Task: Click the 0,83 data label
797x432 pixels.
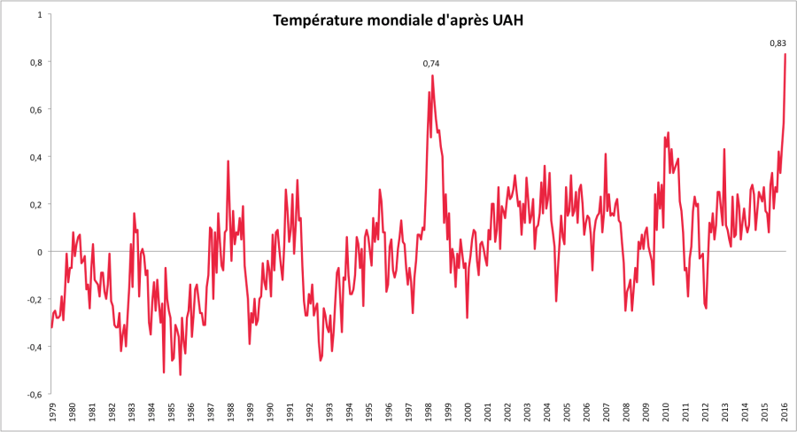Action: click(778, 43)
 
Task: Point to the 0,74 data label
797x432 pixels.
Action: click(431, 63)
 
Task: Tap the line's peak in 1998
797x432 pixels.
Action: click(432, 75)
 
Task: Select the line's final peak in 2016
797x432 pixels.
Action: click(785, 54)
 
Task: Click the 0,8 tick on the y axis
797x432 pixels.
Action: click(36, 62)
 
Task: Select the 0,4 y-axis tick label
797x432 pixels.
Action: click(36, 157)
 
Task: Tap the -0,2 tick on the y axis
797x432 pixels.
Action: click(35, 299)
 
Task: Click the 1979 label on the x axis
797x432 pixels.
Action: click(51, 413)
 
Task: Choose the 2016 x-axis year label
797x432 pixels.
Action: click(785, 413)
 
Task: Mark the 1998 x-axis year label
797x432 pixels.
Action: click(429, 413)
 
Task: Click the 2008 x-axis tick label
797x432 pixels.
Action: click(627, 413)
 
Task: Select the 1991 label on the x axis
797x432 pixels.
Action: click(290, 413)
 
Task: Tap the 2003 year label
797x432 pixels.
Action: click(528, 413)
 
